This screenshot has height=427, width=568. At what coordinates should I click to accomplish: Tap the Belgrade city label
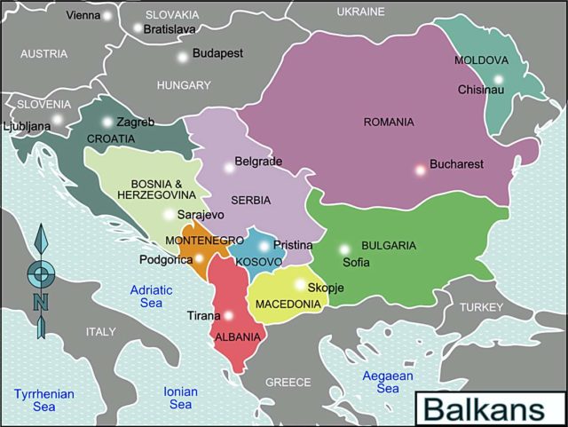[258, 162]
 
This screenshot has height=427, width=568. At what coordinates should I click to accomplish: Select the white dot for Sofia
[344, 249]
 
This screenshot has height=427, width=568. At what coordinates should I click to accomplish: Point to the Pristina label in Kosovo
[293, 245]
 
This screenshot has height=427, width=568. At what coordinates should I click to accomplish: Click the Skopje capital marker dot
[299, 286]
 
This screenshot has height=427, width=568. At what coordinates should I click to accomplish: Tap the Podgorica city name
[165, 259]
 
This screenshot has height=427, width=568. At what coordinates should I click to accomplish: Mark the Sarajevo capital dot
[169, 214]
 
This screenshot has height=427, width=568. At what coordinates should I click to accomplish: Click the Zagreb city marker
[107, 123]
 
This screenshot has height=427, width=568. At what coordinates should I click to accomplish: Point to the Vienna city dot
[107, 15]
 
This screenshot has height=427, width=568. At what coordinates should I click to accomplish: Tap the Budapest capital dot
[183, 57]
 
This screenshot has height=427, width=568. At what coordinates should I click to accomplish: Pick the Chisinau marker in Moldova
[499, 80]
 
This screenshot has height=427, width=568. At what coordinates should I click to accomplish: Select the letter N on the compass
[40, 302]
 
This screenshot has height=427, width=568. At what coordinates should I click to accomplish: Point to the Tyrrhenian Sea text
[43, 399]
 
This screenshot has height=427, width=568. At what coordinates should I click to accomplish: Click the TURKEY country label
[480, 306]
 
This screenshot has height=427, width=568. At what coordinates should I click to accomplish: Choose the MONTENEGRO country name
[204, 241]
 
